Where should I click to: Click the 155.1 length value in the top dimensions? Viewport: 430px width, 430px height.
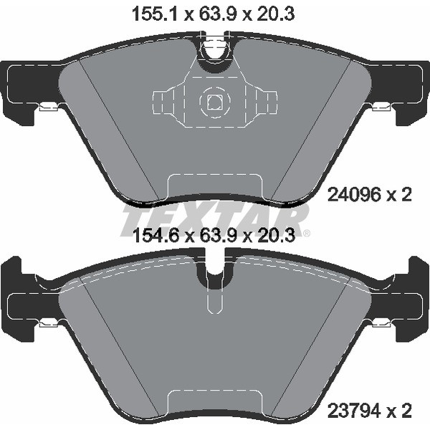pos(156,14)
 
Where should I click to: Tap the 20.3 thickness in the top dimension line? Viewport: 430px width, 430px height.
pos(276,14)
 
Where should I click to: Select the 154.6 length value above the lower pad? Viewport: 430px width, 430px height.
pos(156,236)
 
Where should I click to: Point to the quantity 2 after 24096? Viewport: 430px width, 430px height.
pos(406,196)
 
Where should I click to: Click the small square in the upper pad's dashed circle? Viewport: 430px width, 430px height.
pos(215,102)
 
